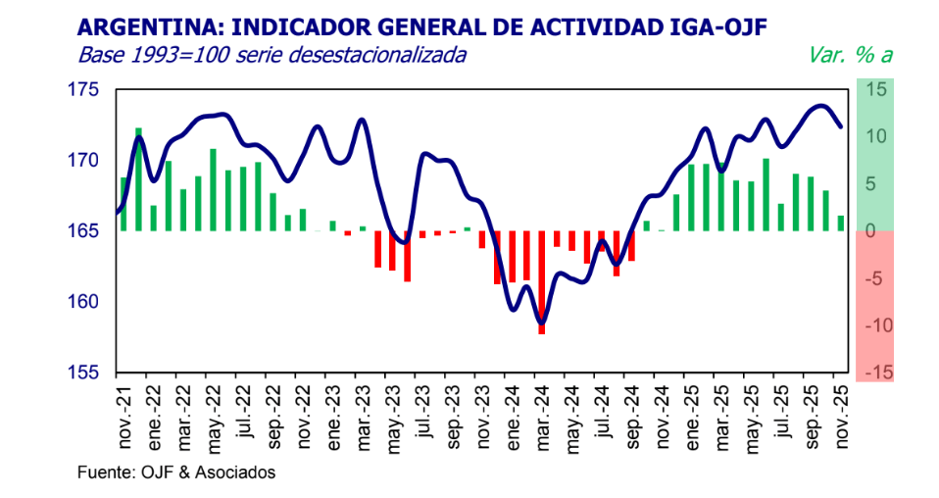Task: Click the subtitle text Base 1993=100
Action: pos(136,55)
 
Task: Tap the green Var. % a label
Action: pos(849,55)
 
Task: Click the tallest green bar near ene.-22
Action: pos(138,178)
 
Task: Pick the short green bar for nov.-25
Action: pos(841,224)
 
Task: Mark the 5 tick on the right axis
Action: pos(878,184)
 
